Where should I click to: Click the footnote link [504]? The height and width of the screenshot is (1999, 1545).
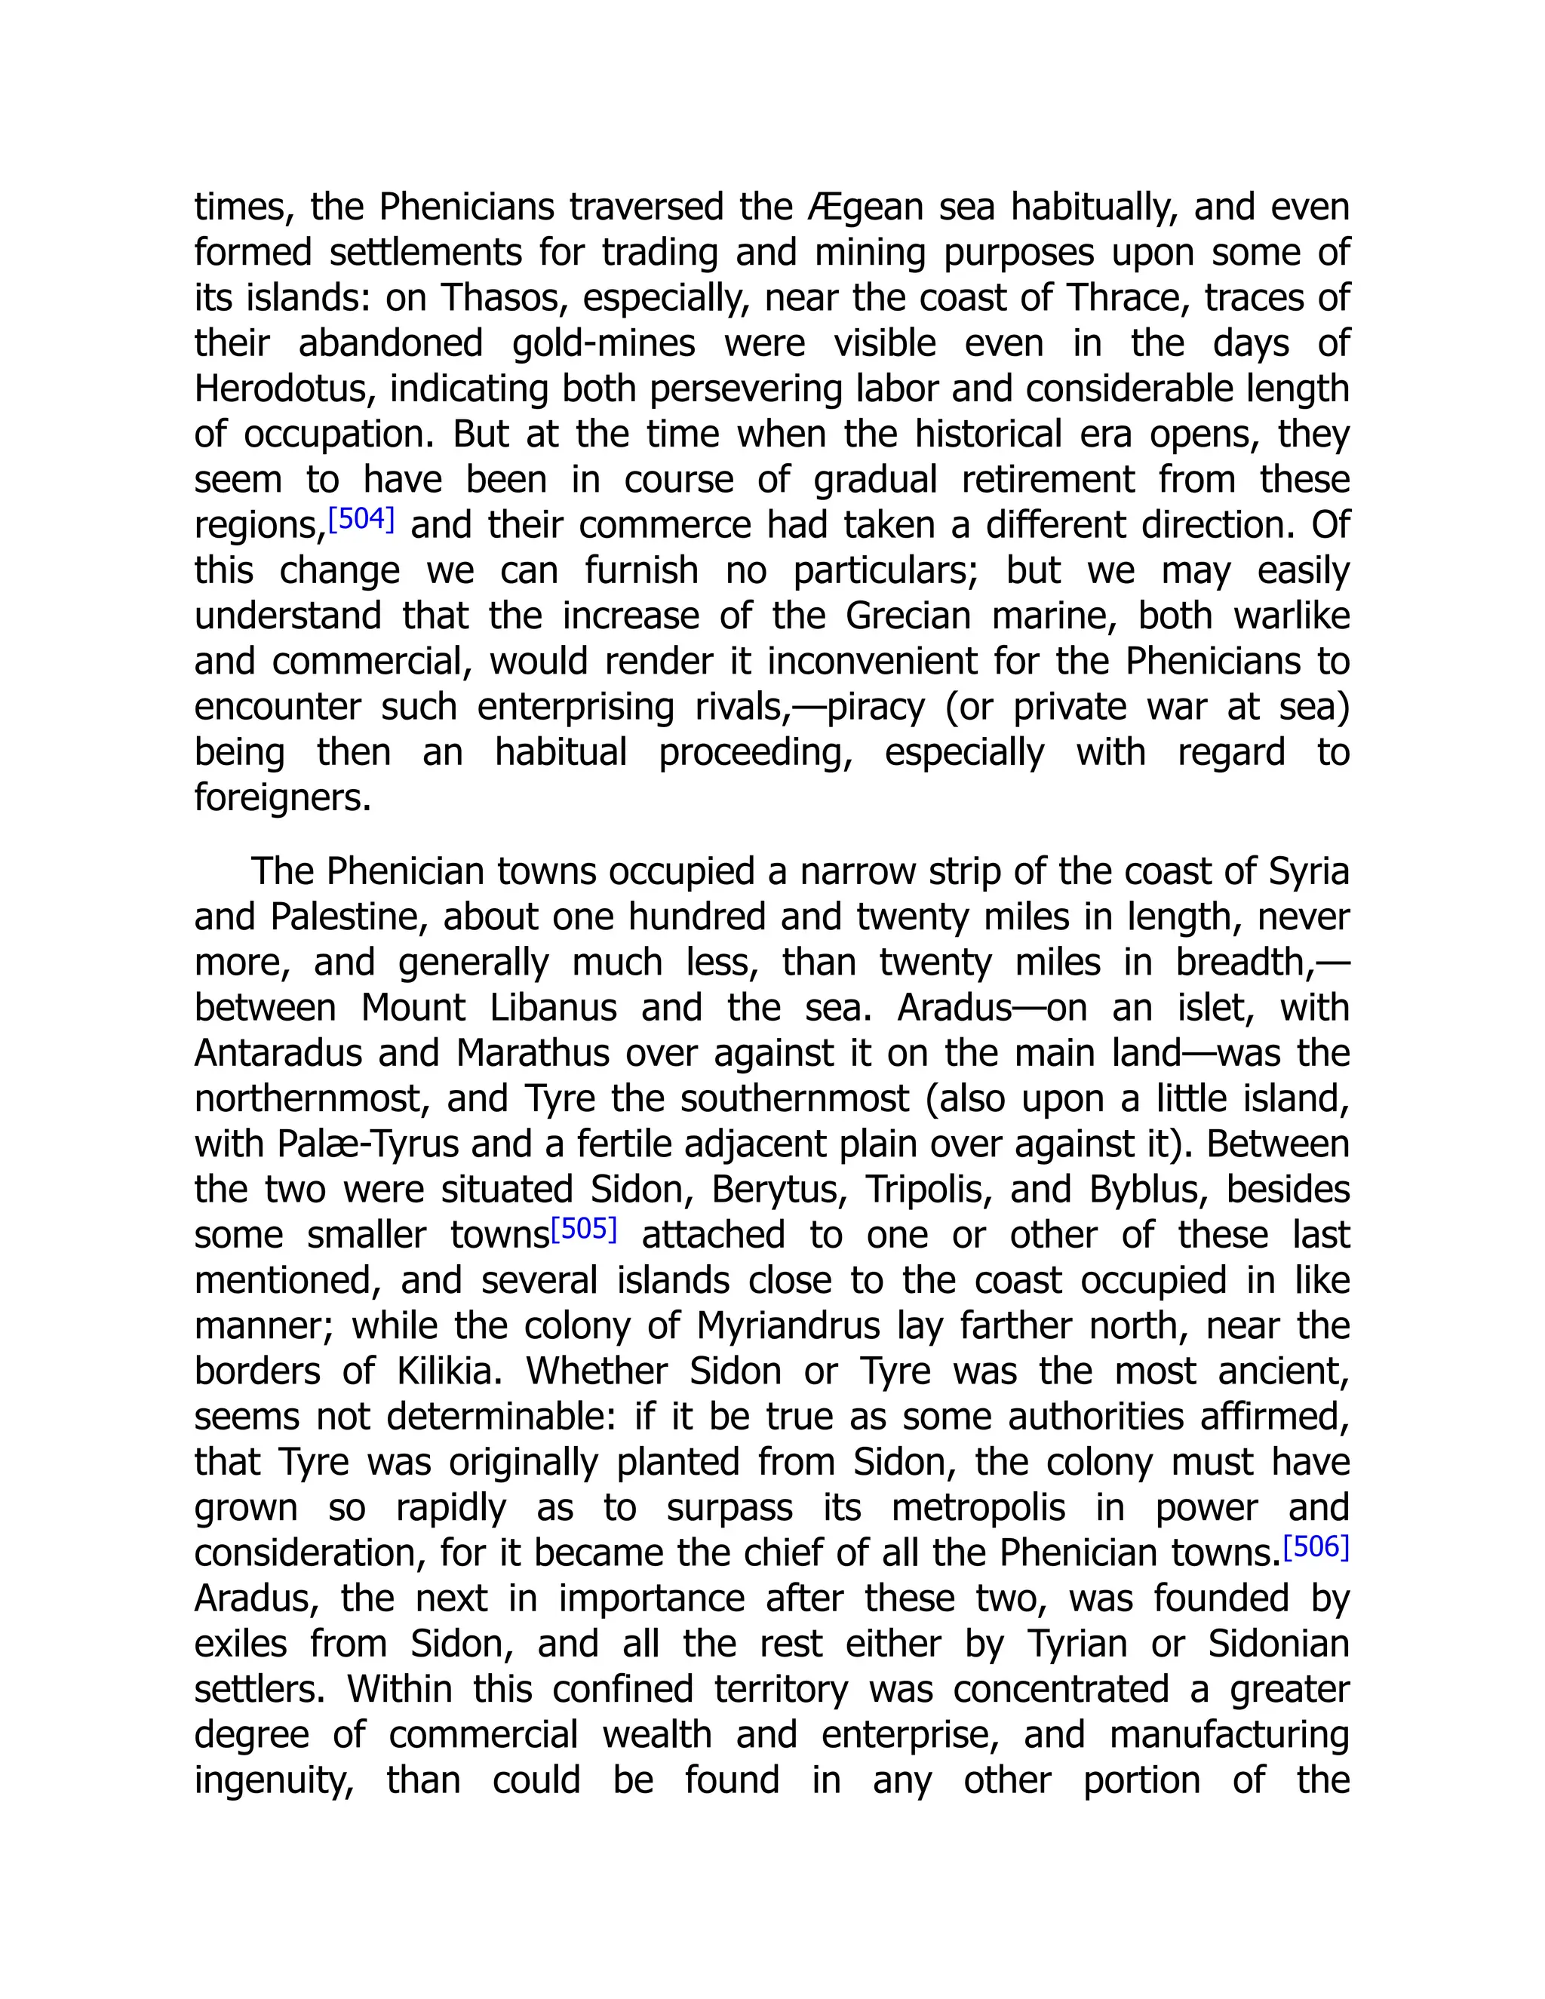point(361,520)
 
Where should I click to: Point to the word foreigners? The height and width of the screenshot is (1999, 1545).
point(282,798)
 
